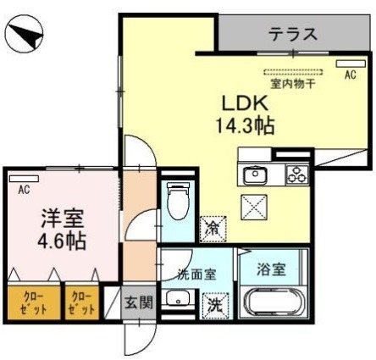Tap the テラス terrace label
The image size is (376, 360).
293,35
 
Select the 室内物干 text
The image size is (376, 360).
293,84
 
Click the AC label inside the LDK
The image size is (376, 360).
349,75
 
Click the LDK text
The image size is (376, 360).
245,102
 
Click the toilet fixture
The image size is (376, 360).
177,202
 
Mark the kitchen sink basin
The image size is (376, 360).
256,175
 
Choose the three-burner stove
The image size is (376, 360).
296,174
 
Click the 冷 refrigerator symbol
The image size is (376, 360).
212,227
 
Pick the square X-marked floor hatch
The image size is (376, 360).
254,204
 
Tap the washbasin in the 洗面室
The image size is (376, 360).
177,299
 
